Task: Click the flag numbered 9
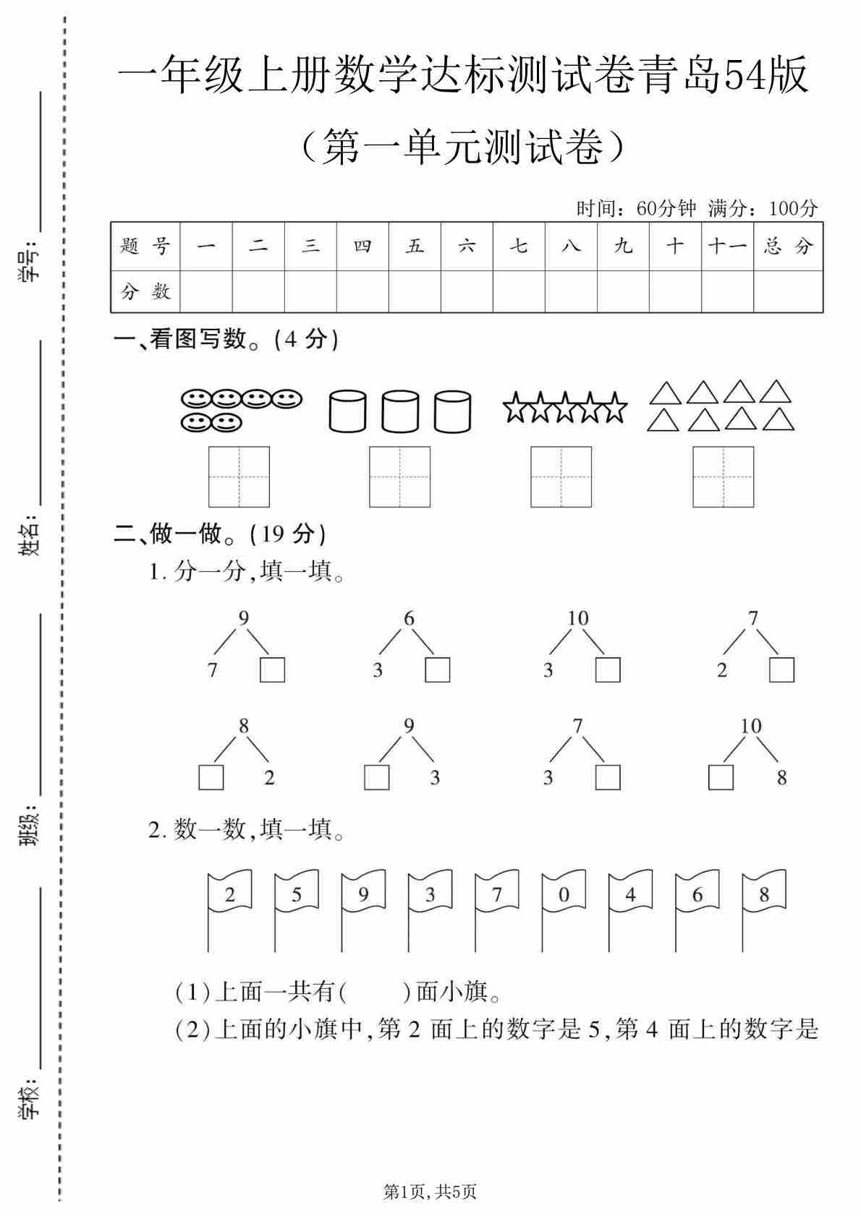[x=363, y=894]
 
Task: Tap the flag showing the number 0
[x=564, y=894]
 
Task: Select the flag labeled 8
[x=764, y=894]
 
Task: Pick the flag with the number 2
[x=230, y=894]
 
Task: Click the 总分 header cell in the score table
[x=788, y=247]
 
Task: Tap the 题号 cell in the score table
[x=145, y=247]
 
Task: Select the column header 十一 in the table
[x=727, y=247]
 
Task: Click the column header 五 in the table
[x=415, y=247]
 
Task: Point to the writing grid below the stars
[x=561, y=476]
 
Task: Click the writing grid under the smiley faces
[x=239, y=476]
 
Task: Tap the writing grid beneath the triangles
[x=723, y=476]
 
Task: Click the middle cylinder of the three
[x=400, y=411]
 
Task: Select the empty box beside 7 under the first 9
[x=272, y=669]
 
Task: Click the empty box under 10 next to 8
[x=721, y=777]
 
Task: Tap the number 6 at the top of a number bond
[x=409, y=619]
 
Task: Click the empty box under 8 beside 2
[x=211, y=777]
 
